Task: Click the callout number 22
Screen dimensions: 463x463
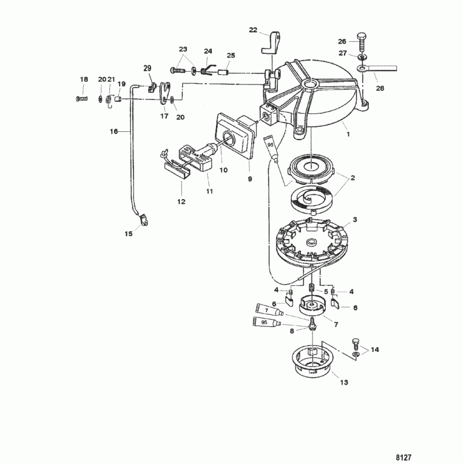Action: [253, 30]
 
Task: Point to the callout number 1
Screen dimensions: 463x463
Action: [348, 133]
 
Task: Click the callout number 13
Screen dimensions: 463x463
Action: [344, 382]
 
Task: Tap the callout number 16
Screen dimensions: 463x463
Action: [113, 131]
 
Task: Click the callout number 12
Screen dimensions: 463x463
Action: [181, 201]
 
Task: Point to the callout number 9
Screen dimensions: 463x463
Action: [250, 179]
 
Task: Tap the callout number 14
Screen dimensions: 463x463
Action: [375, 350]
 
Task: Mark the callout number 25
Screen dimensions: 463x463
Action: [231, 56]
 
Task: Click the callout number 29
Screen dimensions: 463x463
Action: [147, 69]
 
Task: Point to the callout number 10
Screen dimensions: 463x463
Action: [223, 170]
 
